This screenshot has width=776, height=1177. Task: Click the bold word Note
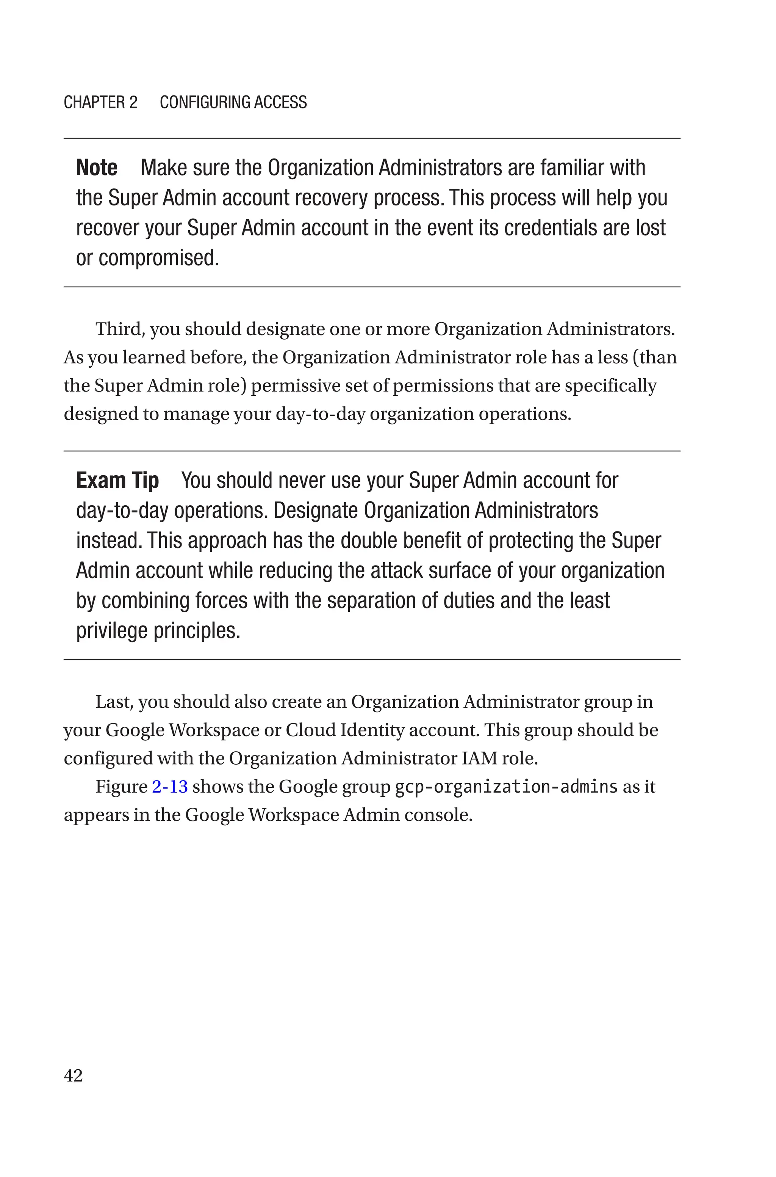[x=97, y=168]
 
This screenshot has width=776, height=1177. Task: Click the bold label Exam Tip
[x=117, y=481]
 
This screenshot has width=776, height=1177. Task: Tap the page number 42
[x=73, y=1075]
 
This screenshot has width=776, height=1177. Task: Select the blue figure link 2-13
[x=170, y=787]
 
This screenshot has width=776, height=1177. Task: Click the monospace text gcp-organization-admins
[x=506, y=787]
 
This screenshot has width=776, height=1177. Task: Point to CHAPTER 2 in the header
[x=100, y=102]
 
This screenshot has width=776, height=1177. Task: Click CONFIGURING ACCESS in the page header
[x=233, y=102]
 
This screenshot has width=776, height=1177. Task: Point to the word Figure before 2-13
[x=121, y=787]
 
